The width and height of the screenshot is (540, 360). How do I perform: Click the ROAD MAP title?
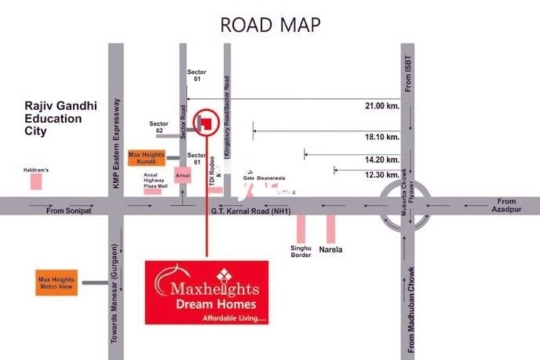[270, 24]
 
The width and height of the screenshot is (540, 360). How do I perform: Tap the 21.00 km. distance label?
[381, 105]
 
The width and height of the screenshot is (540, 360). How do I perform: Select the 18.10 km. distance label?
[381, 137]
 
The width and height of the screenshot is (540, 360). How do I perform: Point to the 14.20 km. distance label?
[381, 160]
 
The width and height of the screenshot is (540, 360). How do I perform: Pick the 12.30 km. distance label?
[381, 175]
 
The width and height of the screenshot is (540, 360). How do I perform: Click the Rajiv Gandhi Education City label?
[53, 118]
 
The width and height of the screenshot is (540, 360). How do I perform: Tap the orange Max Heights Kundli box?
[146, 157]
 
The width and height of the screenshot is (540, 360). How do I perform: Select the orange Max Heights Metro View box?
[57, 281]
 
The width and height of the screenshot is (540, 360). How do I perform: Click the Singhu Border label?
[301, 251]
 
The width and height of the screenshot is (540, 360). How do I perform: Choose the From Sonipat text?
[65, 211]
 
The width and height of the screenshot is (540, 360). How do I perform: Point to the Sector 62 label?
[159, 128]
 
